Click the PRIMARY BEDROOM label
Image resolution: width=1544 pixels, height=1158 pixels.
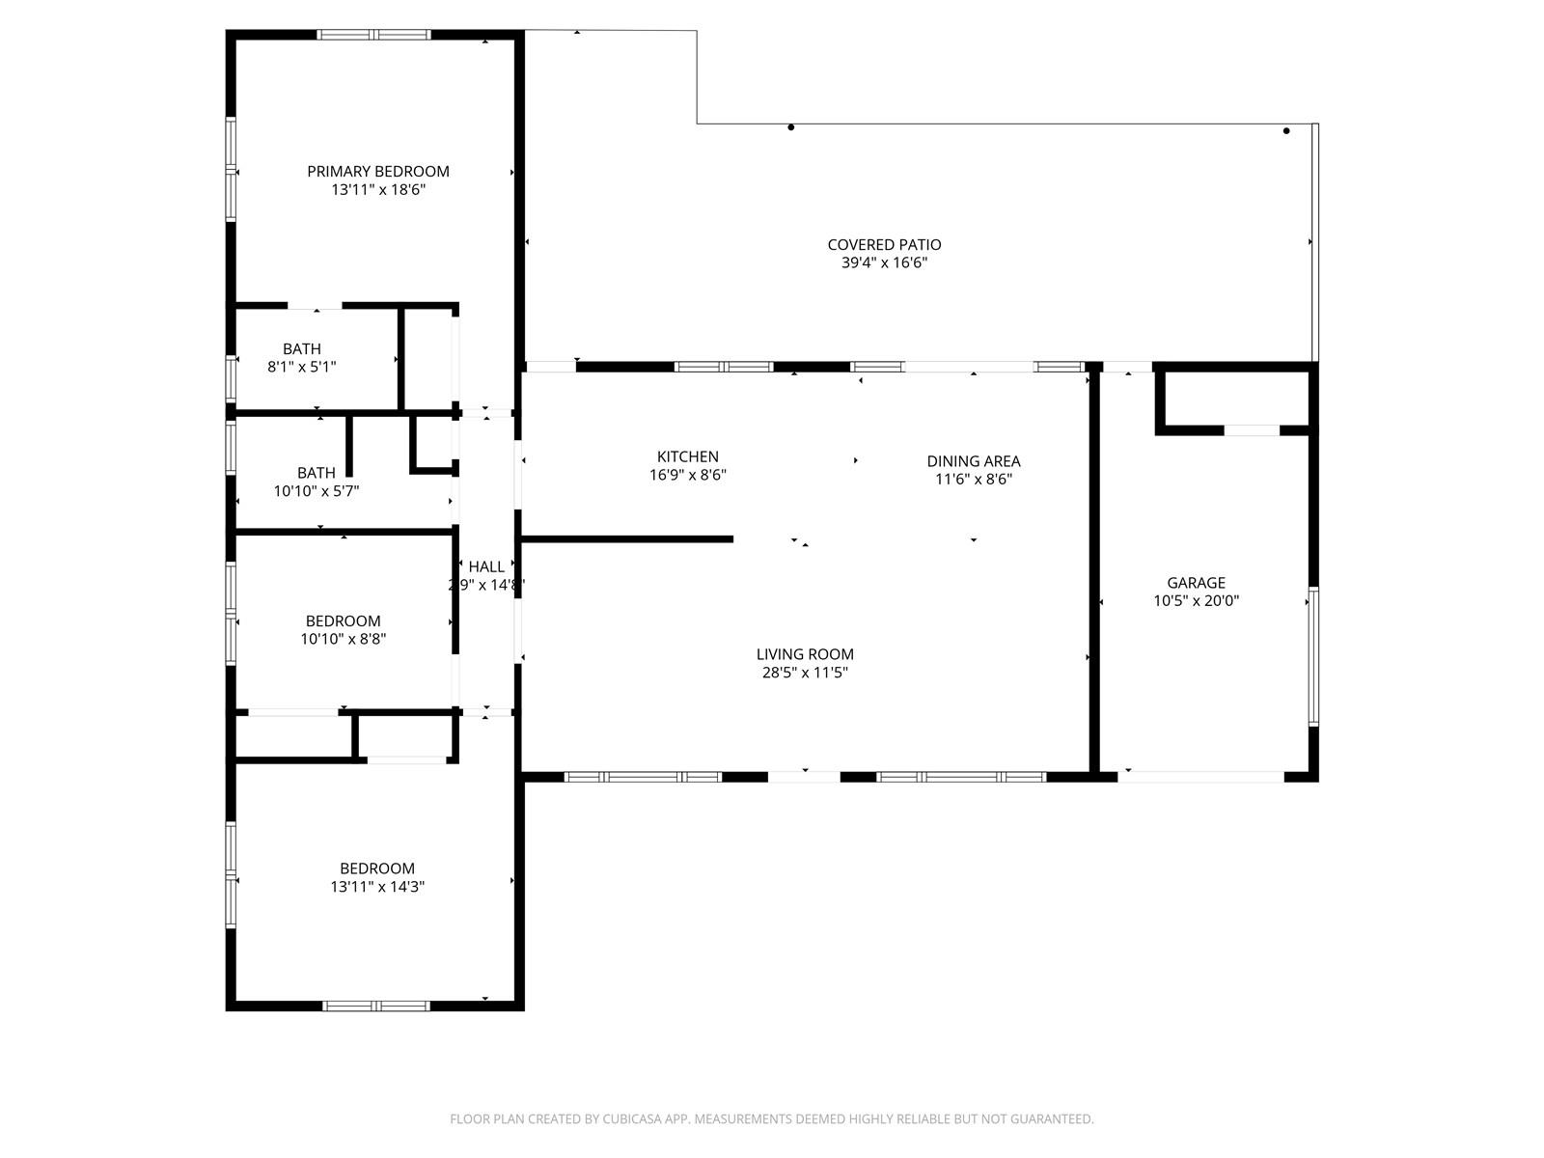pyautogui.click(x=377, y=172)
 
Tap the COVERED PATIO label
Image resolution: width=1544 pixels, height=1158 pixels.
pyautogui.click(x=884, y=245)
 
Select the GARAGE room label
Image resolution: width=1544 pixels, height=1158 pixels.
pyautogui.click(x=1196, y=583)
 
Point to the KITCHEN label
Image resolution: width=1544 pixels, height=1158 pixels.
pyautogui.click(x=687, y=457)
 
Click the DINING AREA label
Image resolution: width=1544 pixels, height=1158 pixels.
pyautogui.click(x=973, y=461)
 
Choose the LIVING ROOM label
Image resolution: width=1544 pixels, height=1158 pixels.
pyautogui.click(x=805, y=654)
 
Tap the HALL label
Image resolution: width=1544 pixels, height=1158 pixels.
pyautogui.click(x=486, y=566)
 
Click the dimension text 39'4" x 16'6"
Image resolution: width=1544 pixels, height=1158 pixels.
pyautogui.click(x=884, y=262)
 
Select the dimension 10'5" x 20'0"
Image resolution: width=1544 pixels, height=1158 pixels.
pyautogui.click(x=1196, y=601)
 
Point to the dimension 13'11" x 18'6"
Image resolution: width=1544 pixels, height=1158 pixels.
pyautogui.click(x=377, y=190)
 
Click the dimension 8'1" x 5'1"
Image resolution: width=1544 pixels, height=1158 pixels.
pyautogui.click(x=302, y=367)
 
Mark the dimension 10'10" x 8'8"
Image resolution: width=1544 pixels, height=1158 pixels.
pyautogui.click(x=343, y=639)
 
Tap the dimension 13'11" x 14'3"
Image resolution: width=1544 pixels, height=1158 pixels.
pyautogui.click(x=377, y=887)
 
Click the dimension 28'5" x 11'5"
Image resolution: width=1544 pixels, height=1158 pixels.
pyautogui.click(x=805, y=673)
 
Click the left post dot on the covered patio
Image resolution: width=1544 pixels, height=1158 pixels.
pyautogui.click(x=790, y=127)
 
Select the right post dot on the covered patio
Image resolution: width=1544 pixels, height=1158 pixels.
pyautogui.click(x=1285, y=131)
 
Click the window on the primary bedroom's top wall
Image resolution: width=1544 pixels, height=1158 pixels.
pyautogui.click(x=373, y=35)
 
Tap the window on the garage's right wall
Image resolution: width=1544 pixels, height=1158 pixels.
pyautogui.click(x=1313, y=656)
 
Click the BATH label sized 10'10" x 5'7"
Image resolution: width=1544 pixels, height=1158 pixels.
pyautogui.click(x=316, y=473)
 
